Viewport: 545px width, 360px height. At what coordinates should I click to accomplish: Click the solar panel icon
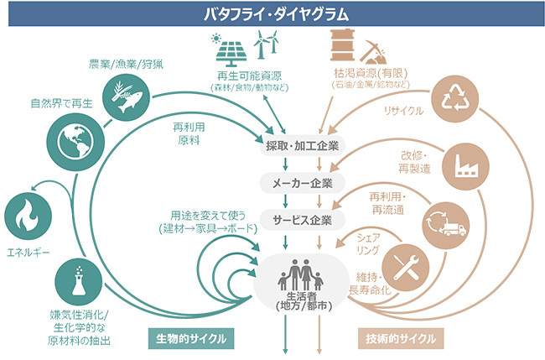tap(228, 50)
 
